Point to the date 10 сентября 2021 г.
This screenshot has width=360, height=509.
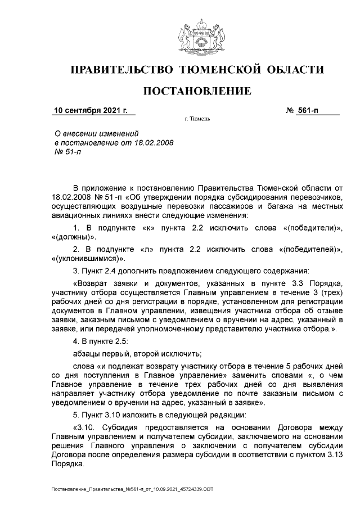click(x=90, y=110)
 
